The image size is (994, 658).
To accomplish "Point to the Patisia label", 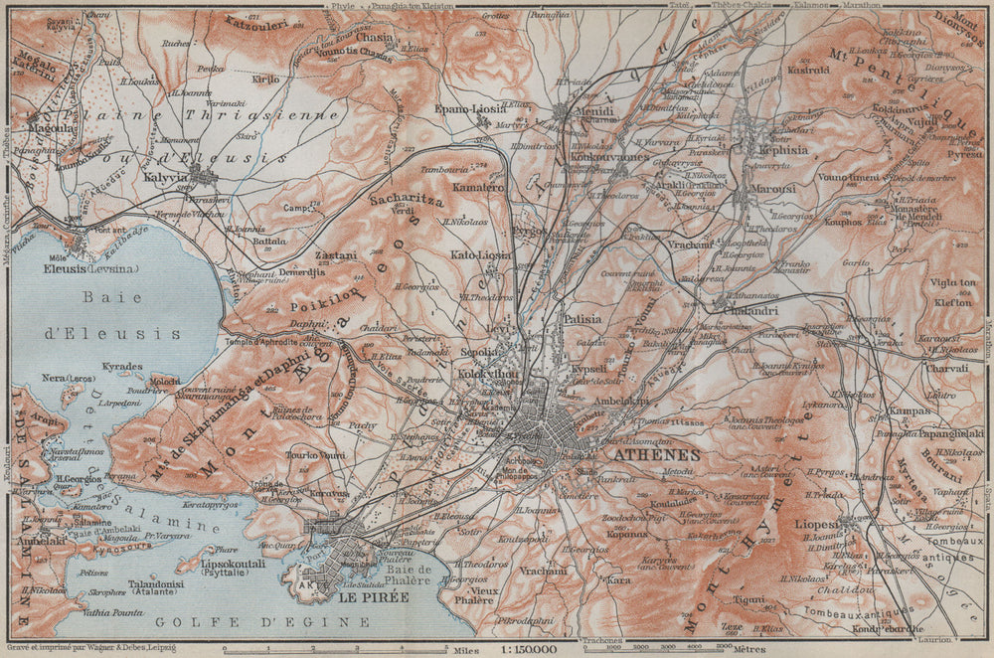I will (x=584, y=320).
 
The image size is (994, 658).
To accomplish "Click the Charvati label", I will (x=946, y=368).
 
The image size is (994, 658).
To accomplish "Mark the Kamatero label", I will (x=479, y=187).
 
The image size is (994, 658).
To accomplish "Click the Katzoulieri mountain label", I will (x=256, y=24).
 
